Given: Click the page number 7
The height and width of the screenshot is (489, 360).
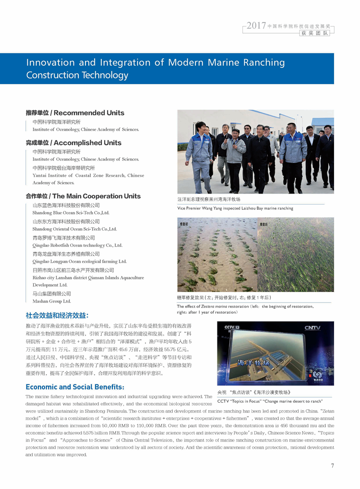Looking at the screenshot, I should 332,465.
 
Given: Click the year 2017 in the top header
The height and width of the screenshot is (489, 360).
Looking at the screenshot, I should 256,25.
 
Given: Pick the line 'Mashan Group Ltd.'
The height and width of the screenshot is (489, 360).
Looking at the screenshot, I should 51,301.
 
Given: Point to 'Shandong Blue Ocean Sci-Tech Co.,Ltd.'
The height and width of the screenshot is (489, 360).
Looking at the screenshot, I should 71,212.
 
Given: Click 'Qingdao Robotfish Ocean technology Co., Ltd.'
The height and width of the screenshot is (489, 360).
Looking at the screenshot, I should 77,245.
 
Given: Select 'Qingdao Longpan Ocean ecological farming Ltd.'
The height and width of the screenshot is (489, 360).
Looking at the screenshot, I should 79,261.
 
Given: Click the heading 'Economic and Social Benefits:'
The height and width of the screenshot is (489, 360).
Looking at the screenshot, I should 75,387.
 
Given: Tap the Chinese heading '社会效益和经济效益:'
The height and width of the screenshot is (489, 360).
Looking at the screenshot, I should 57,316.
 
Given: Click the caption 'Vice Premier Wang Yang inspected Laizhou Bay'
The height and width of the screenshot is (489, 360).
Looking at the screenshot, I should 235,208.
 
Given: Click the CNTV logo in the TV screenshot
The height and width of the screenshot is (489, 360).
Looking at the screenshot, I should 312,328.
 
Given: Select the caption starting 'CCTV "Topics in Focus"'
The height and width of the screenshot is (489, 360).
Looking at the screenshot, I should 270,401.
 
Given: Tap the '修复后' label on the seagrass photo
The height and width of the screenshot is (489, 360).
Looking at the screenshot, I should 264,224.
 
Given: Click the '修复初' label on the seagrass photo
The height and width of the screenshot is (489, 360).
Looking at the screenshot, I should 184,224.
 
